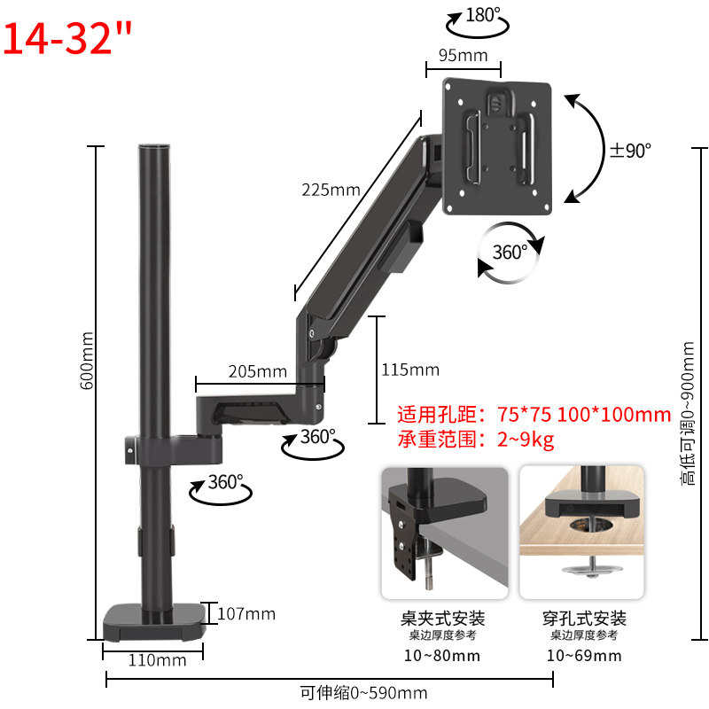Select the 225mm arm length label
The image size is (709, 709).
(x=331, y=190)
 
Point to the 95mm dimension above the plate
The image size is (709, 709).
(x=463, y=55)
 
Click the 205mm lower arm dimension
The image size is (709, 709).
(x=257, y=371)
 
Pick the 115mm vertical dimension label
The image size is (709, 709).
(x=409, y=370)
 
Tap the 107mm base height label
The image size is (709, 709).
(x=246, y=613)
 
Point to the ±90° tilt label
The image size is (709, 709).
(x=629, y=150)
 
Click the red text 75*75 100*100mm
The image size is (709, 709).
(x=582, y=414)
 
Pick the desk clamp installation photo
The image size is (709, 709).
(x=444, y=533)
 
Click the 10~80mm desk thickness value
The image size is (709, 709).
(x=443, y=656)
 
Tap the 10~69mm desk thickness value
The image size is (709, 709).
(x=585, y=656)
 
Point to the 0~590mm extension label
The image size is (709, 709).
(x=363, y=693)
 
